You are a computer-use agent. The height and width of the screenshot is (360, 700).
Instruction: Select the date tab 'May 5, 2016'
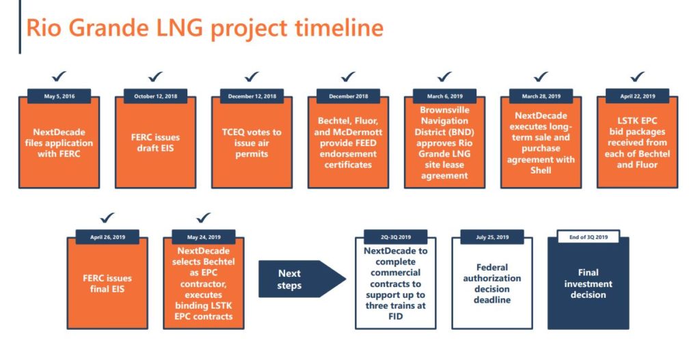pyautogui.click(x=59, y=96)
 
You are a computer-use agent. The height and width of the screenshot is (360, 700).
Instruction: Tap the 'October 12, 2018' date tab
pyautogui.click(x=156, y=96)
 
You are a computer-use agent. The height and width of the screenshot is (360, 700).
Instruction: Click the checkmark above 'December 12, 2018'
pyautogui.click(x=252, y=77)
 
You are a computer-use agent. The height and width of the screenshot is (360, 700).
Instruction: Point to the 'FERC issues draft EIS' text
pyautogui.click(x=156, y=143)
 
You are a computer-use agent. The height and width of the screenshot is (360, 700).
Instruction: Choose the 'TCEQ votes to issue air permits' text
pyautogui.click(x=252, y=143)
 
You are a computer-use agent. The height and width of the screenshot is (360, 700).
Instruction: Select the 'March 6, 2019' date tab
pyautogui.click(x=445, y=96)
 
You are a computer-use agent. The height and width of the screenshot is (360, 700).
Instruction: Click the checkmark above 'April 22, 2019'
pyautogui.click(x=638, y=77)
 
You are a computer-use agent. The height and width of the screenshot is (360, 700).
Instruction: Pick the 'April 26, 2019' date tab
pyautogui.click(x=107, y=237)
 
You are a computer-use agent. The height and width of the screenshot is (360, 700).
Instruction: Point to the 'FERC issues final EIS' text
pyautogui.click(x=107, y=283)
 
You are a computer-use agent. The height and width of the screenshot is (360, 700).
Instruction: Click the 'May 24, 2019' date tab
pyautogui.click(x=204, y=237)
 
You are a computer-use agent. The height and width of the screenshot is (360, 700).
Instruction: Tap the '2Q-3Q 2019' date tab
pyautogui.click(x=396, y=237)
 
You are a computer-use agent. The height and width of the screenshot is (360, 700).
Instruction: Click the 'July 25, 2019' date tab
pyautogui.click(x=492, y=237)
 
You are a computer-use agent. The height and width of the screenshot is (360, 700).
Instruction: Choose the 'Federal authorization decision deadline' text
pyautogui.click(x=492, y=283)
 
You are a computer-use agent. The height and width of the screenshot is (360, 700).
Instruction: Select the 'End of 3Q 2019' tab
pyautogui.click(x=589, y=237)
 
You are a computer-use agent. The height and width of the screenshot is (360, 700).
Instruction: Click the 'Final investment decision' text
pyautogui.click(x=589, y=283)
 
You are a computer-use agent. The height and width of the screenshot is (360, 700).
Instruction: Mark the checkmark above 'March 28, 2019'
pyautogui.click(x=541, y=77)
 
